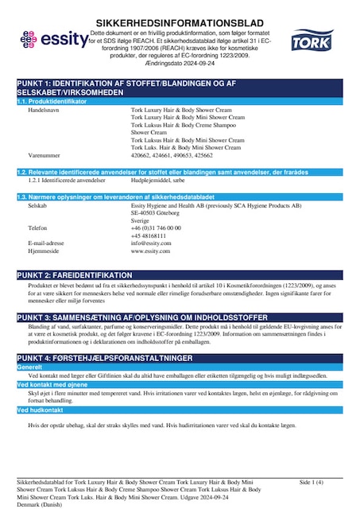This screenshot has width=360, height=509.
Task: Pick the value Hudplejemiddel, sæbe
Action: point(158,180)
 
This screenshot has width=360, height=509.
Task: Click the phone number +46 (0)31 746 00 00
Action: point(156,227)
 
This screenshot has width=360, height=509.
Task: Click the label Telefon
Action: point(37,227)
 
